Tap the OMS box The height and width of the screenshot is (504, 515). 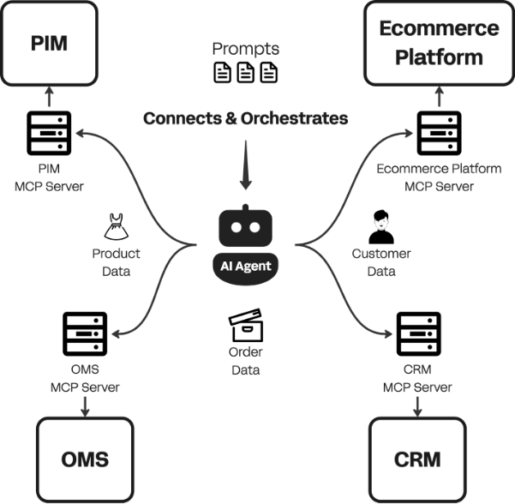point(86,459)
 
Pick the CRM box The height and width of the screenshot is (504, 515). point(417,459)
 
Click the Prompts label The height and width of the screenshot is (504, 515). point(246,49)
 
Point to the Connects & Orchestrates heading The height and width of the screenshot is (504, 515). point(246,118)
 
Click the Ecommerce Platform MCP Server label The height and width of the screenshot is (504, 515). point(438,177)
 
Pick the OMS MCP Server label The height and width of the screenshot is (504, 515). point(85,378)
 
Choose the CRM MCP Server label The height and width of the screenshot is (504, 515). point(416,378)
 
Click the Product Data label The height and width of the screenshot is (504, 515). point(116,262)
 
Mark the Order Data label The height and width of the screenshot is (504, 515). point(245,362)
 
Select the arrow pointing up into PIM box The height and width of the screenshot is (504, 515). point(49,95)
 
